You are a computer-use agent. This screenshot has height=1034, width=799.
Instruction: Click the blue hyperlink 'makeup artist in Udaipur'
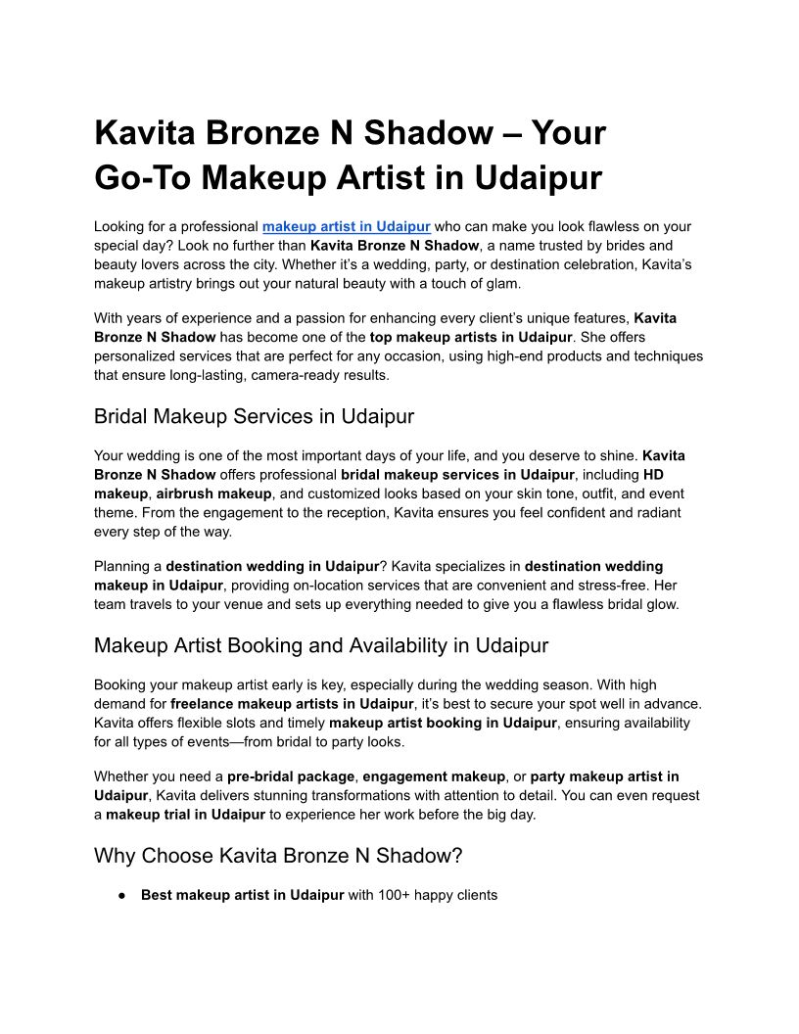(x=346, y=226)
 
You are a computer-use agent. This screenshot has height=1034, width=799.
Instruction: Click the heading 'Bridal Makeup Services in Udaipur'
(x=254, y=416)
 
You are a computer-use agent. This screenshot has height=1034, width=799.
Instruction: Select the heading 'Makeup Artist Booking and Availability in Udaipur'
(x=320, y=645)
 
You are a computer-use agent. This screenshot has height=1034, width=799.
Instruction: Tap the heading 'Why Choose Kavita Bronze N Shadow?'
(x=277, y=855)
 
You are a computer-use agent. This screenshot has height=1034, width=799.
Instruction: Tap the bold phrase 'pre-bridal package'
(x=291, y=776)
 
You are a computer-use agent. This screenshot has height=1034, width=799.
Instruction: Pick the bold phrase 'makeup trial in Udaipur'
(x=185, y=815)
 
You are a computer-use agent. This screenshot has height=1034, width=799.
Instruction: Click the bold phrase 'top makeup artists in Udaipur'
(x=470, y=337)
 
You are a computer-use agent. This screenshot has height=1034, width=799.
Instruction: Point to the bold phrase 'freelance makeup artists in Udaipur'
(x=291, y=703)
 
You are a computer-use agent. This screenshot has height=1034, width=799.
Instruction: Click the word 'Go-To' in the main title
(x=143, y=177)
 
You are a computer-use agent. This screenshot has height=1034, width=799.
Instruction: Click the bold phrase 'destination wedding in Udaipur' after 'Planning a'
(x=272, y=566)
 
